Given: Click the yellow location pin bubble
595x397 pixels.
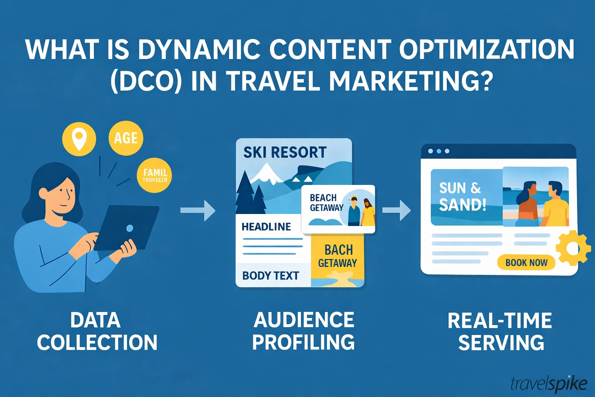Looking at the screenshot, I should (79, 139).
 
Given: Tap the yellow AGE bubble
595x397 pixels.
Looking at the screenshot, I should (126, 138).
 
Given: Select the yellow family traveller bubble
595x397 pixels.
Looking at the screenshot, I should (154, 175).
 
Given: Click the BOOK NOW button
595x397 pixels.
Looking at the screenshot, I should (526, 262).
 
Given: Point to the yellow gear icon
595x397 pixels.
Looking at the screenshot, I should (573, 248).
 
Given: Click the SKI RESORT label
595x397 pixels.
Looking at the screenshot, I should (285, 152).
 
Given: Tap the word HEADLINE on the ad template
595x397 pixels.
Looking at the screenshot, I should (266, 227).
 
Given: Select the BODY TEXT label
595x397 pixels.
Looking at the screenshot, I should (271, 276).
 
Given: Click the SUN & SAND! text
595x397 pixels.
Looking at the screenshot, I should (462, 197).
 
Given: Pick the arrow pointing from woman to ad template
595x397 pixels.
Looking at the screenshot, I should (198, 211).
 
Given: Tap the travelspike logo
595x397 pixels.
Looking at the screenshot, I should (549, 383).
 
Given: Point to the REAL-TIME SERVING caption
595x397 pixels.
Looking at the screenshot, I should (500, 331).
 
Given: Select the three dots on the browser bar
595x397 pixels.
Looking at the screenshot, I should (439, 151).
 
